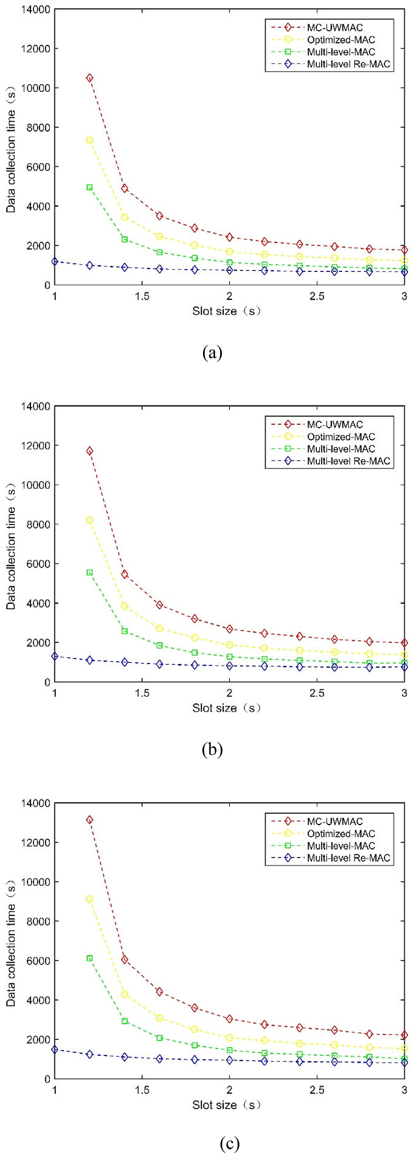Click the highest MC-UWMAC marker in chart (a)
(90, 78)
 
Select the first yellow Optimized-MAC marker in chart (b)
(90, 520)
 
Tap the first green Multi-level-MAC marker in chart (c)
(90, 958)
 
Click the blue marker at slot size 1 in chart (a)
(55, 261)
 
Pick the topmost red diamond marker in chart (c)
(90, 820)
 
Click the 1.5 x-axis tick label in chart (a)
(142, 297)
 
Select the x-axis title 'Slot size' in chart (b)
(226, 708)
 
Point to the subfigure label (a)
(212, 353)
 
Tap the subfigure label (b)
(212, 749)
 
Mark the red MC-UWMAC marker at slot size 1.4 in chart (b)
(125, 574)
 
